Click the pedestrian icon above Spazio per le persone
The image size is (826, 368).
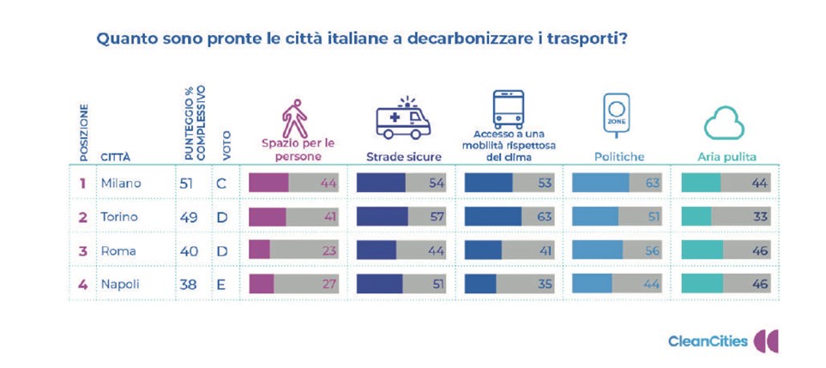tap(294, 119)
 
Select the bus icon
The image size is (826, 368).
tap(508, 109)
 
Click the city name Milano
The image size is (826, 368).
tap(121, 183)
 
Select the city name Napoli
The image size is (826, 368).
tap(121, 284)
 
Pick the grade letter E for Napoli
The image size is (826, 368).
tap(221, 284)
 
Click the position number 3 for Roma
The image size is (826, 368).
tap(83, 250)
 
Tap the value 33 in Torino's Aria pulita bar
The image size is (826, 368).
tap(760, 217)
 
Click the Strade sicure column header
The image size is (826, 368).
tap(404, 157)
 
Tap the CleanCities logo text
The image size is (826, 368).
tap(708, 341)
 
